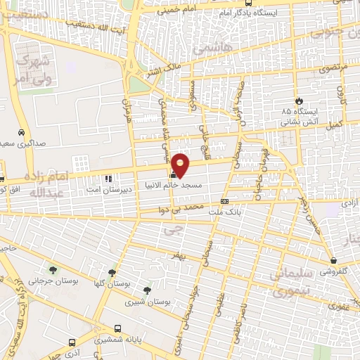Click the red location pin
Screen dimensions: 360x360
[181, 165]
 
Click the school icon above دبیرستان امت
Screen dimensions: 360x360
[108, 179]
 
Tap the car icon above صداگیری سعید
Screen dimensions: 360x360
[22, 132]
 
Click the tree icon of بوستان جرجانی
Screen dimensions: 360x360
[52, 269]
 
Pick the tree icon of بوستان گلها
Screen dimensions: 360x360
[112, 273]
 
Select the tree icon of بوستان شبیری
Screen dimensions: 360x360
[146, 290]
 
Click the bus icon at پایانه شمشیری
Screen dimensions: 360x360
[117, 327]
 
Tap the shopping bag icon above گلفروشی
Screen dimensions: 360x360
[332, 260]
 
